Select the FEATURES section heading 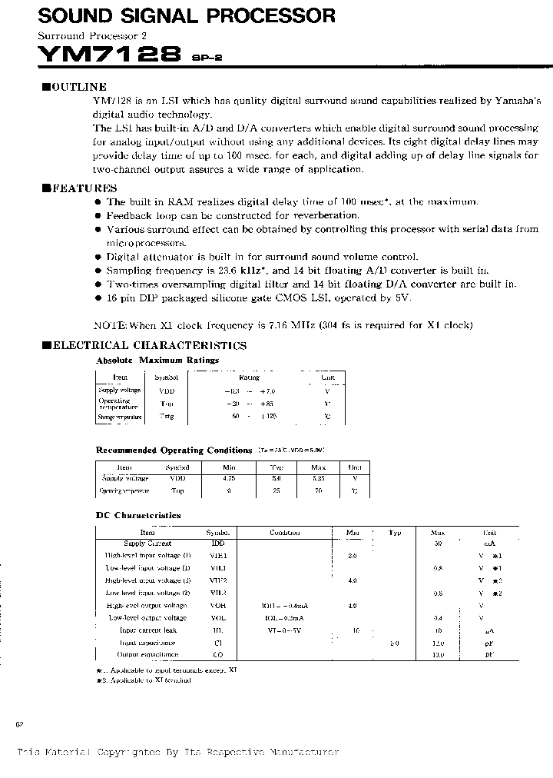pos(79,188)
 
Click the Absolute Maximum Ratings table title pos(157,360)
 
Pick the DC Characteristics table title pos(138,515)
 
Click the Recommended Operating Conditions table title pos(174,450)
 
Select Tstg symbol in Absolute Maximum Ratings pos(166,417)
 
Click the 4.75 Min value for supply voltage pos(228,477)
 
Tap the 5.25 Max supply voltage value pos(318,477)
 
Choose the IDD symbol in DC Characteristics pos(217,543)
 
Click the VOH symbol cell pos(217,606)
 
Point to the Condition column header pos(283,532)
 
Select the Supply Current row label pos(147,543)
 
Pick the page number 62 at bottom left pos(20,724)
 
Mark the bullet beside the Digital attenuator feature pos(98,257)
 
